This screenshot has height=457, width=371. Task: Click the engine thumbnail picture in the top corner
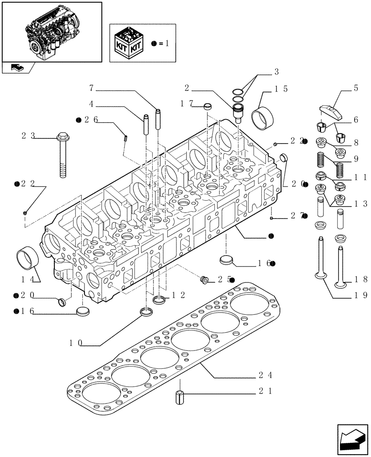[x=52, y=32]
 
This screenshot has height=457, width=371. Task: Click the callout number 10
[x=76, y=342]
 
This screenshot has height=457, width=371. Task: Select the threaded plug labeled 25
[x=205, y=279]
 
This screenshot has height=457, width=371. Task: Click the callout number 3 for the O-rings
[x=276, y=72]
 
